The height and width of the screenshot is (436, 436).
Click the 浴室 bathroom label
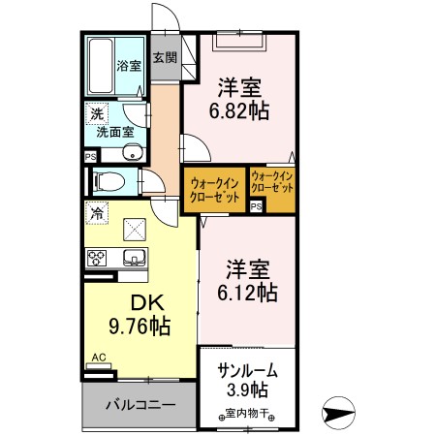pyautogui.click(x=128, y=66)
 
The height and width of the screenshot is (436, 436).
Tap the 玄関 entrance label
pyautogui.click(x=163, y=57)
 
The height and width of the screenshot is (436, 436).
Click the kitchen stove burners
pyautogui.click(x=99, y=257)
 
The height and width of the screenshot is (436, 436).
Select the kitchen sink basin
pyautogui.click(x=133, y=257)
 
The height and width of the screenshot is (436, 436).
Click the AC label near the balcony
pyautogui.click(x=98, y=358)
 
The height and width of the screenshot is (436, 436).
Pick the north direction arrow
pyautogui.click(x=345, y=415)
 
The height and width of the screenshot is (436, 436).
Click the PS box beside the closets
pyautogui.click(x=257, y=206)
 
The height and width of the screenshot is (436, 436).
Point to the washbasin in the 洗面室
pyautogui.click(x=132, y=153)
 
